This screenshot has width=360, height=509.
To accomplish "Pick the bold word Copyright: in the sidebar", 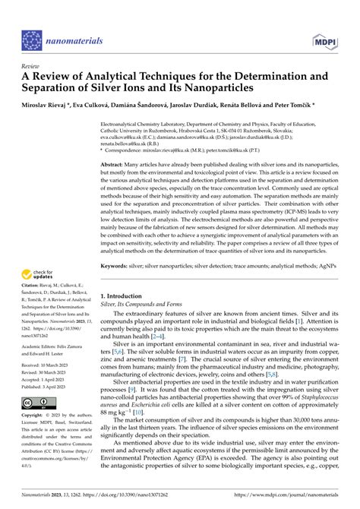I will pos(36,438).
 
